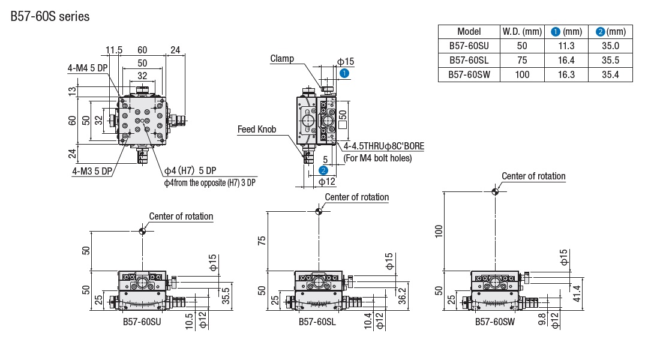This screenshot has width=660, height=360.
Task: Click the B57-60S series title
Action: click(x=50, y=16)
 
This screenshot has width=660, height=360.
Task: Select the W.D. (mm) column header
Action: click(x=521, y=31)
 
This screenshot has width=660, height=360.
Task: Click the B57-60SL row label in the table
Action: click(x=469, y=60)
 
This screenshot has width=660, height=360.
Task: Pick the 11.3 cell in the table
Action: click(x=566, y=46)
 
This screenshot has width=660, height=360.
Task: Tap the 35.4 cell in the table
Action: click(x=611, y=74)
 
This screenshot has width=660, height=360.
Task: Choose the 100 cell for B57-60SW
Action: click(x=521, y=74)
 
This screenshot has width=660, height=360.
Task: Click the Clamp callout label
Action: click(x=282, y=58)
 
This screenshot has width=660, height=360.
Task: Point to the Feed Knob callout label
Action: click(x=257, y=129)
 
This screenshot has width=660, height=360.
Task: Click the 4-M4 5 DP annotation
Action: click(x=87, y=68)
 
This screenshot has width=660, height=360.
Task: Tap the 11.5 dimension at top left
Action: click(x=113, y=49)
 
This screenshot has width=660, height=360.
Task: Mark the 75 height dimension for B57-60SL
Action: click(x=262, y=240)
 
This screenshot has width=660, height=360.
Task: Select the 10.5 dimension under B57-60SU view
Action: click(x=190, y=320)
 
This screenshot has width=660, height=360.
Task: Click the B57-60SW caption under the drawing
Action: click(x=495, y=322)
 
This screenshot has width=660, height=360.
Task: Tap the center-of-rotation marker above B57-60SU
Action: click(x=142, y=231)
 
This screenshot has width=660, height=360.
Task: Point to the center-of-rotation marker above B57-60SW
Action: click(x=495, y=191)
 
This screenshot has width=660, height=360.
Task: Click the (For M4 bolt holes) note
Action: click(x=377, y=158)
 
